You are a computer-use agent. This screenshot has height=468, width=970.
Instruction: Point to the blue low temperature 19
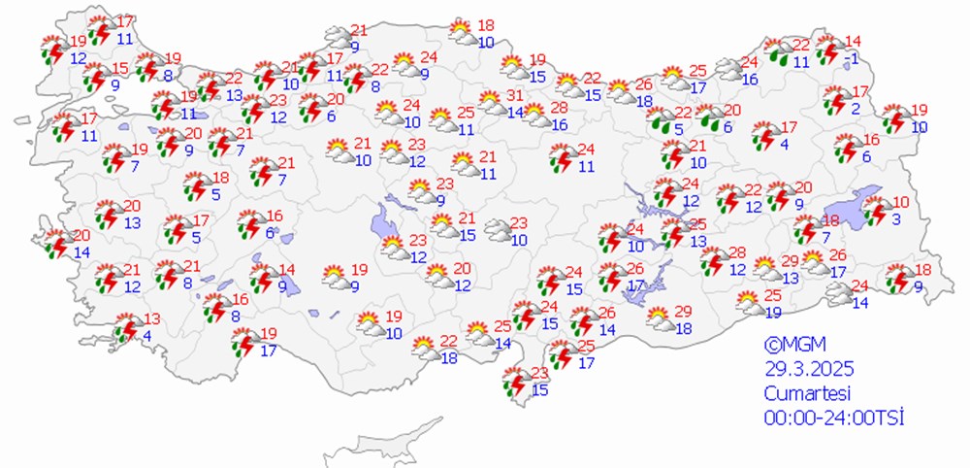773,312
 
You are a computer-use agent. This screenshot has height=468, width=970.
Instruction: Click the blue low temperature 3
897,219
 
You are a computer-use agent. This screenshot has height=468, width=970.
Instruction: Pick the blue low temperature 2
856,109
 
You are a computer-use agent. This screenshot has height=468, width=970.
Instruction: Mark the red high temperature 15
120,68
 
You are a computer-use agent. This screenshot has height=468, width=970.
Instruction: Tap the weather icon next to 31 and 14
491,103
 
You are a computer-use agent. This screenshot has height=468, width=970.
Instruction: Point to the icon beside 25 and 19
748,303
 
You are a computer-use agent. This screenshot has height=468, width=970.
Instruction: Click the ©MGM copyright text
789,344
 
